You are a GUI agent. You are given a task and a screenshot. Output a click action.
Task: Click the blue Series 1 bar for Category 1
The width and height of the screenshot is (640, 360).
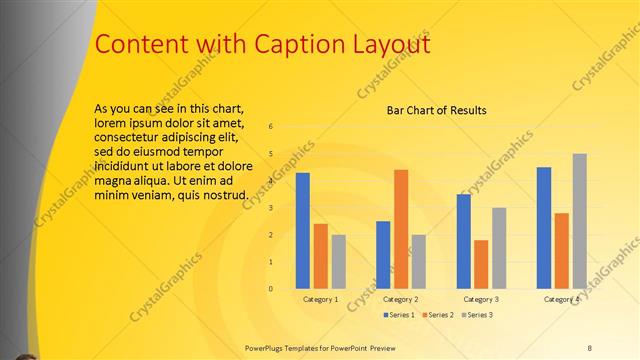[302, 231]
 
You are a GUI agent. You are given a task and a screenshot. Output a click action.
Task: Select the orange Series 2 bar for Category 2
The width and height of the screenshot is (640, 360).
[400, 229]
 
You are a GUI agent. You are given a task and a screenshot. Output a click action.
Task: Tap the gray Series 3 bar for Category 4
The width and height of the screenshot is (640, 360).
[579, 221]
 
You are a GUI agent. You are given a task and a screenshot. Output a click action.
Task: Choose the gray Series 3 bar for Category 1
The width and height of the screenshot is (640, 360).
[338, 262]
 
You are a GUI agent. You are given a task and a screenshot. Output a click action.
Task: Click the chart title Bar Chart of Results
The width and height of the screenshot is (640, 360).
[436, 110]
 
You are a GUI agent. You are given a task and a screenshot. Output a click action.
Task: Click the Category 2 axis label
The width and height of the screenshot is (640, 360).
[400, 299]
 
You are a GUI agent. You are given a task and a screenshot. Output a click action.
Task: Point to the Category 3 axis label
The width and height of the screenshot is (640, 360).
[481, 299]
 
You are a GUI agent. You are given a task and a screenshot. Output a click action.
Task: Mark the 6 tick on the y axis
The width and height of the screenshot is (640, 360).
[270, 127]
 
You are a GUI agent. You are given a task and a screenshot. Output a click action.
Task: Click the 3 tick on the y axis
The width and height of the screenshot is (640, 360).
[270, 208]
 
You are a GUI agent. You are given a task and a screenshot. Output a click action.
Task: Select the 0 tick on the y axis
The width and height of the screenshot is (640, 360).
[270, 289]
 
